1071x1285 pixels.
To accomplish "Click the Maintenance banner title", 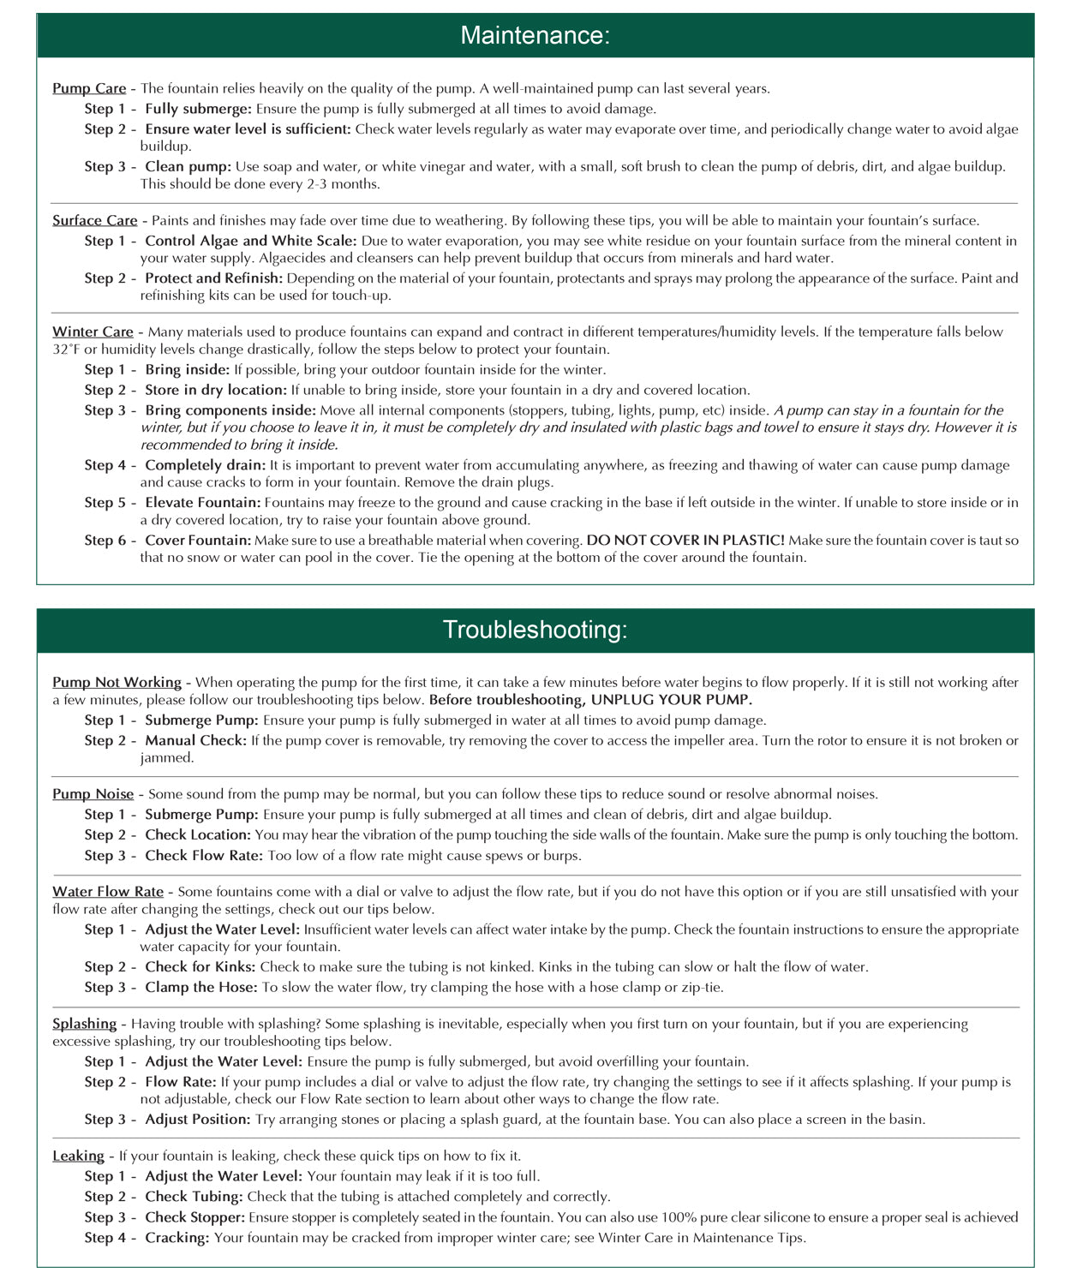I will coord(535,35).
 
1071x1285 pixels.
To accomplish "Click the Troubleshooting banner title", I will coord(535,630).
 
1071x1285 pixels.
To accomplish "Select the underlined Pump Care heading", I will coord(89,88).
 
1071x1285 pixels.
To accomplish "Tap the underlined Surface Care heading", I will coord(94,220).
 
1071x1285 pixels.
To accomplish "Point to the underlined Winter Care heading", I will coord(93,332).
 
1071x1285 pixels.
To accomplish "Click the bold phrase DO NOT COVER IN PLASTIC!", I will coord(685,541).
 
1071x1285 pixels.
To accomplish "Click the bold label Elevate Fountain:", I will coord(202,503).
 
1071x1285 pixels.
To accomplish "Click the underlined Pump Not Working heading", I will coord(117,683).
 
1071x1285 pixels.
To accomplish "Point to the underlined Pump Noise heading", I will coord(93,794).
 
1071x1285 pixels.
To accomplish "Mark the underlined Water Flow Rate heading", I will coord(108,892).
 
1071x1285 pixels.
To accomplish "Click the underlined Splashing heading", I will coord(84,1024).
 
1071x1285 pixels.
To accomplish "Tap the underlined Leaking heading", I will coord(78,1156).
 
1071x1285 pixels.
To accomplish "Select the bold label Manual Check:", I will coord(196,740).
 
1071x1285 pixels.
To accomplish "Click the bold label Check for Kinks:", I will coord(200,967).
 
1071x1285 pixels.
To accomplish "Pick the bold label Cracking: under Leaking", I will coord(177,1238).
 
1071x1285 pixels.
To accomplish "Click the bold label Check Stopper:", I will coord(195,1217).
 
